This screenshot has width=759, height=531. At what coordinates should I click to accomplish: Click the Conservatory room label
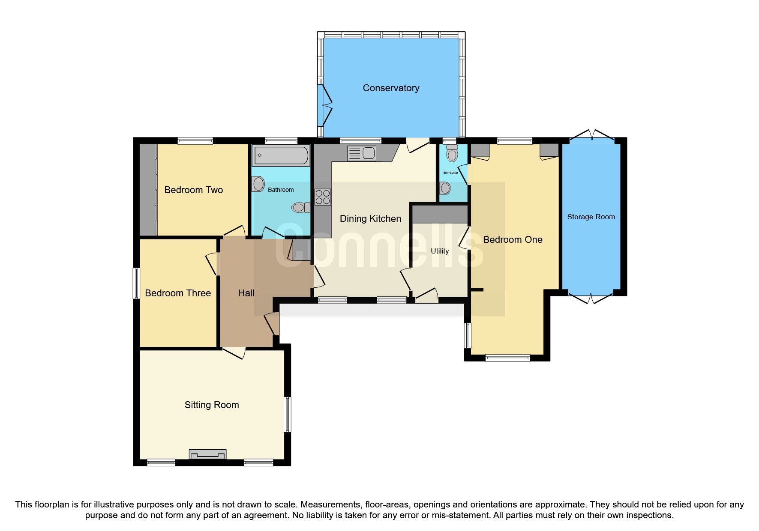click(x=391, y=88)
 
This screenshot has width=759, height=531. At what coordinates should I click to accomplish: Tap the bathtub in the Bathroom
click(x=281, y=155)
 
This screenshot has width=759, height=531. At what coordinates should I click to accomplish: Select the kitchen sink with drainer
click(x=362, y=153)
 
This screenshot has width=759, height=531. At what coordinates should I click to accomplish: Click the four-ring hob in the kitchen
click(x=323, y=197)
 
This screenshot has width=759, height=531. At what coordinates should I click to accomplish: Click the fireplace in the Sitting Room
click(x=208, y=454)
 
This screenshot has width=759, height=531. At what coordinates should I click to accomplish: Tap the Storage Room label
click(x=591, y=217)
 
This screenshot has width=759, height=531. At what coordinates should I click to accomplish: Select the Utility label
click(x=440, y=251)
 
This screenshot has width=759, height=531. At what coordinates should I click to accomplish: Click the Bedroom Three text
click(x=178, y=293)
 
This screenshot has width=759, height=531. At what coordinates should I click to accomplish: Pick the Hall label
click(x=246, y=293)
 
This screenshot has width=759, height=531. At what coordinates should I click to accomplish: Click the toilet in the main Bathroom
click(x=300, y=208)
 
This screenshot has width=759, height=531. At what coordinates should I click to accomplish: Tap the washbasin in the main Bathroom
click(x=258, y=184)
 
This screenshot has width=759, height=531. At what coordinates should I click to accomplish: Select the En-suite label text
click(x=450, y=173)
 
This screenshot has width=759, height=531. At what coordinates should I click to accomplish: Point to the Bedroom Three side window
click(x=136, y=283)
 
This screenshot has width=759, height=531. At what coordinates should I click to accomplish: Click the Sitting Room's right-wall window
click(x=288, y=414)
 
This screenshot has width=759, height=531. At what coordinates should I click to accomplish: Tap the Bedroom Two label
click(x=193, y=190)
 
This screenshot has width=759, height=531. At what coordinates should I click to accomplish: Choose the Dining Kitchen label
click(x=370, y=218)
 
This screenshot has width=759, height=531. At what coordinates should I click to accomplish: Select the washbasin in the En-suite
click(x=445, y=188)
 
